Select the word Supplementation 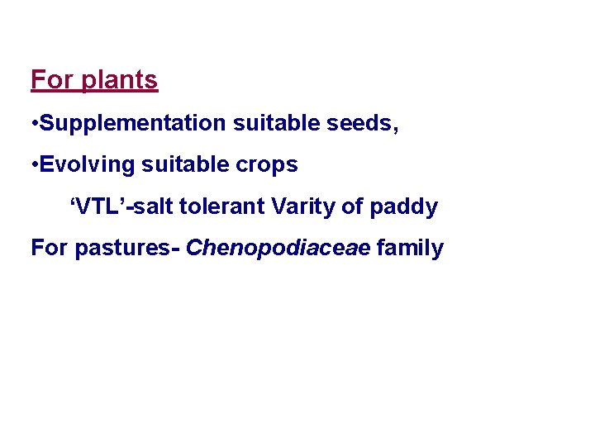(x=132, y=123)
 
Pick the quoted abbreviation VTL (x=98, y=206)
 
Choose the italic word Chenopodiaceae (x=278, y=248)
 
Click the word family (x=410, y=248)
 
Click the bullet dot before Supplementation (x=34, y=124)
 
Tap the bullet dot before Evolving (x=34, y=165)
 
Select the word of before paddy (x=352, y=206)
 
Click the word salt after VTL (x=154, y=206)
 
